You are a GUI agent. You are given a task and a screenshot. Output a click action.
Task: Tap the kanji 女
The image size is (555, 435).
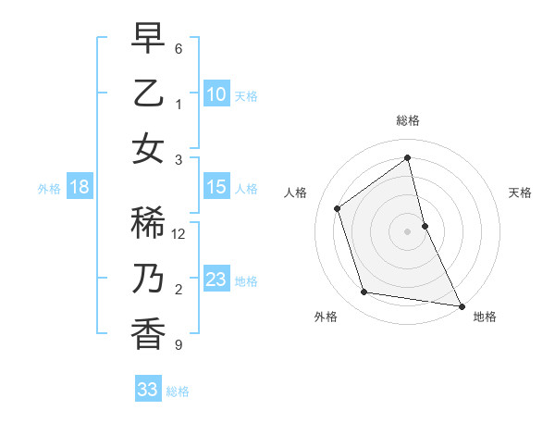[x=148, y=149]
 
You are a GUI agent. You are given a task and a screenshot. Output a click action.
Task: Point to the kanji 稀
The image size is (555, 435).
[x=148, y=223]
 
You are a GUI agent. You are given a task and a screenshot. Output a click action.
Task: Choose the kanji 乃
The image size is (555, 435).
[x=148, y=279]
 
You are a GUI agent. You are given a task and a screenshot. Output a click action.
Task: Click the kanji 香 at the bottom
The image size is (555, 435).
[x=148, y=334]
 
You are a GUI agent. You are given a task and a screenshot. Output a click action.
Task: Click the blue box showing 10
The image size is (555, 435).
[x=216, y=93]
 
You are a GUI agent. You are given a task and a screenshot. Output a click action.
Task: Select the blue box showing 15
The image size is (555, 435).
[x=216, y=188]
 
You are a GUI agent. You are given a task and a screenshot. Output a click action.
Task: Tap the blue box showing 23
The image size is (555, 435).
[x=216, y=280]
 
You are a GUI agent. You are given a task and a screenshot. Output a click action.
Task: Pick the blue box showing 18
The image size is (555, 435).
[x=80, y=188]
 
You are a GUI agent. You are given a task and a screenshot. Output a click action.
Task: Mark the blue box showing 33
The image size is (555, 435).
[x=148, y=390]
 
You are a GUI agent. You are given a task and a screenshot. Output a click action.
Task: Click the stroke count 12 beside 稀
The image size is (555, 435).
[x=179, y=234]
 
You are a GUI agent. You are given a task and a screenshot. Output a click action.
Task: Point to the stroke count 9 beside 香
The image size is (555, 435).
[x=179, y=345]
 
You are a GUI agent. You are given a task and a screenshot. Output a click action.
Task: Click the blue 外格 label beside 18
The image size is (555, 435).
[x=49, y=189]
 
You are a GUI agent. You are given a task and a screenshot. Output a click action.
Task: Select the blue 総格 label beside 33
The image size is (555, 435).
[x=178, y=391]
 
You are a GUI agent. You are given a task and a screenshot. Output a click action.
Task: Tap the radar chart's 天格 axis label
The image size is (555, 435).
[x=521, y=193]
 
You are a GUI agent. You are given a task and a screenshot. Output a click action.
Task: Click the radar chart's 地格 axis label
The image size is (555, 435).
[x=485, y=317]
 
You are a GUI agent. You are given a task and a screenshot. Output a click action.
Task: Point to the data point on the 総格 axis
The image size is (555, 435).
[x=408, y=158]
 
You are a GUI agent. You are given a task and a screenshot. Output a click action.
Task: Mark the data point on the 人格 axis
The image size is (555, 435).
[x=338, y=208]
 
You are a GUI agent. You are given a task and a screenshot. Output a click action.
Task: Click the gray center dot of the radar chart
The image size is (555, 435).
[x=407, y=231]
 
